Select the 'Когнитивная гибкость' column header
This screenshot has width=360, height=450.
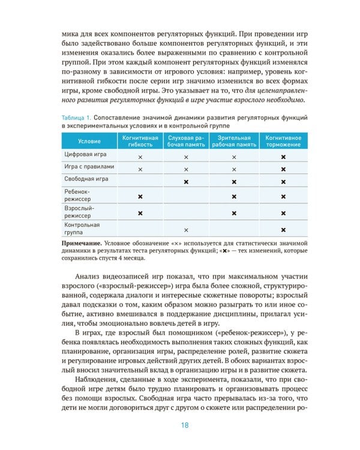pyautogui.click(x=140, y=141)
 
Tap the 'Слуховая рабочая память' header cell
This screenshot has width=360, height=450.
pyautogui.click(x=186, y=141)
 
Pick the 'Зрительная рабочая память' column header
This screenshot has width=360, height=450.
pyautogui.click(x=233, y=141)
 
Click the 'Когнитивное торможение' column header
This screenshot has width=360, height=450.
pyautogui.click(x=283, y=141)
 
